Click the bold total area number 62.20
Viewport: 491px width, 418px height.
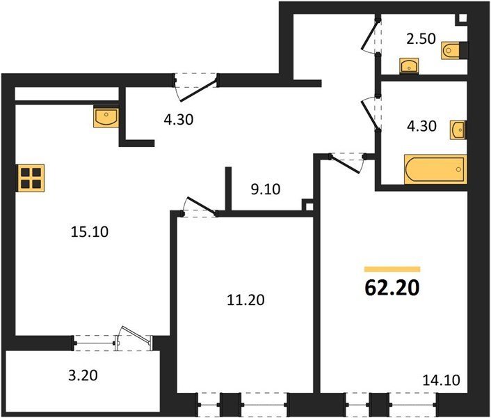tap(392, 288)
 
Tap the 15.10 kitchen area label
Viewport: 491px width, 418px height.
tap(90, 232)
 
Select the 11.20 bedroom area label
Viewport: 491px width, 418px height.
tap(245, 300)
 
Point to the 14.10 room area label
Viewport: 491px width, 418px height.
tap(441, 380)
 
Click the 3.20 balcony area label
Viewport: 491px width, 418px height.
tap(83, 376)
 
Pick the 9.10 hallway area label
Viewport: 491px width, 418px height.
tap(266, 189)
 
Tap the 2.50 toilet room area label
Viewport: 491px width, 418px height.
tap(421, 39)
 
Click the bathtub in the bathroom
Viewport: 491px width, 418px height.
tap(435, 169)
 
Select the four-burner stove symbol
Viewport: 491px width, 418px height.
tap(31, 178)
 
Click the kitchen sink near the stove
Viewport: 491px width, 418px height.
tap(106, 117)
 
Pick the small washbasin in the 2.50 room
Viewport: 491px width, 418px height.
tap(409, 66)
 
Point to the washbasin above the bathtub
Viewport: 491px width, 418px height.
tap(458, 130)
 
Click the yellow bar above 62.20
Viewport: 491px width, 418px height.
tap(392, 269)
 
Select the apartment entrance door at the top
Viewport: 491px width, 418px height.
tap(195, 87)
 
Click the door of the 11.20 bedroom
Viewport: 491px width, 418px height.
tap(200, 207)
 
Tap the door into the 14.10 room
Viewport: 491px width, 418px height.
tap(346, 163)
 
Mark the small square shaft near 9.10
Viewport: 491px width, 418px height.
tap(309, 206)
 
